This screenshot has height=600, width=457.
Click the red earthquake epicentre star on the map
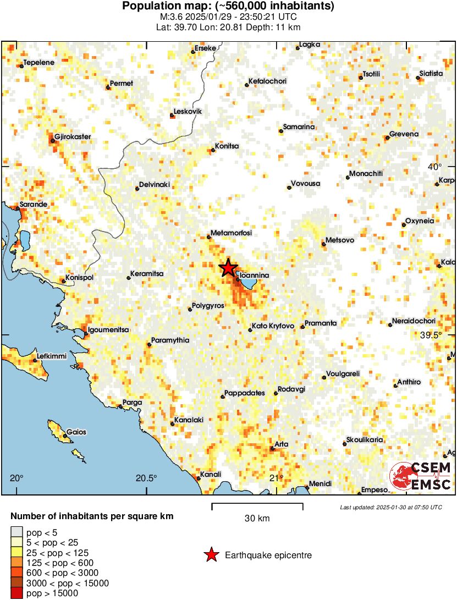click(228, 268)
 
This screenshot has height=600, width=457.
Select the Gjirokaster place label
click(73, 137)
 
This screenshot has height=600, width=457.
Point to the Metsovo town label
click(339, 240)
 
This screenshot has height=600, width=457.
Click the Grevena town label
click(404, 134)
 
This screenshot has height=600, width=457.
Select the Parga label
click(132, 403)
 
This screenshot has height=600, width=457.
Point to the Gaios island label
click(76, 432)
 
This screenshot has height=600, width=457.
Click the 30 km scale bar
click(257, 504)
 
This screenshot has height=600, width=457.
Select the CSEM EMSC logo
click(421, 476)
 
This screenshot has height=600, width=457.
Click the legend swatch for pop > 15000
click(17, 593)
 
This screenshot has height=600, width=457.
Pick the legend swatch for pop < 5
click(17, 532)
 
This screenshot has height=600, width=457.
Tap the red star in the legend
click(211, 555)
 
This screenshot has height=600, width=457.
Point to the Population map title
click(228, 7)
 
